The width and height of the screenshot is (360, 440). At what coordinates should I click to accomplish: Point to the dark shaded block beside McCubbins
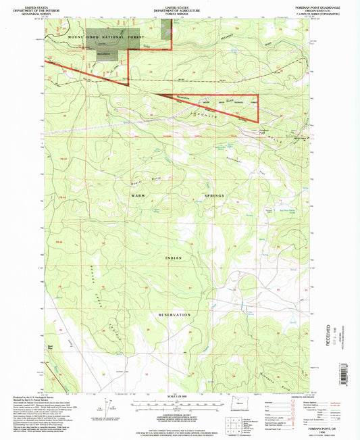(x=107, y=54)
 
